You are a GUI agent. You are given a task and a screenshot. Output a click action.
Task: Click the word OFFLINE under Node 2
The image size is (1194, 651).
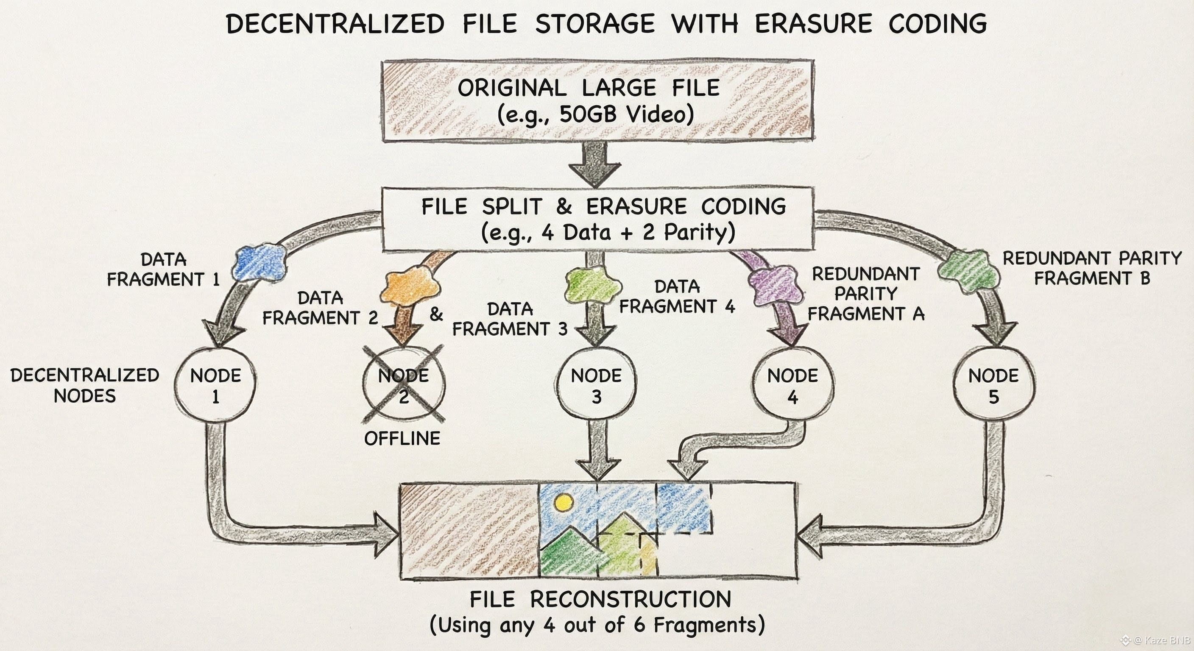[402, 438]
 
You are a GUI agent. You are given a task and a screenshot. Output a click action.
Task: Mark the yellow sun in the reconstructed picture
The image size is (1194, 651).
[563, 503]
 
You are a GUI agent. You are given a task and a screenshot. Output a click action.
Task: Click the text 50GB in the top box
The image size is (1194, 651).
[588, 114]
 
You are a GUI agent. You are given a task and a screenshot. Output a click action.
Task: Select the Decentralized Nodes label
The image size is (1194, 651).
[85, 386]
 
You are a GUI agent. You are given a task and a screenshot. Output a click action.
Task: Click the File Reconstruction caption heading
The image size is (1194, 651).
[600, 600]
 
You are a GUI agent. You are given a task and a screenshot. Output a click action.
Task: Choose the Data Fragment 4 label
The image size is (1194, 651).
[677, 297]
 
